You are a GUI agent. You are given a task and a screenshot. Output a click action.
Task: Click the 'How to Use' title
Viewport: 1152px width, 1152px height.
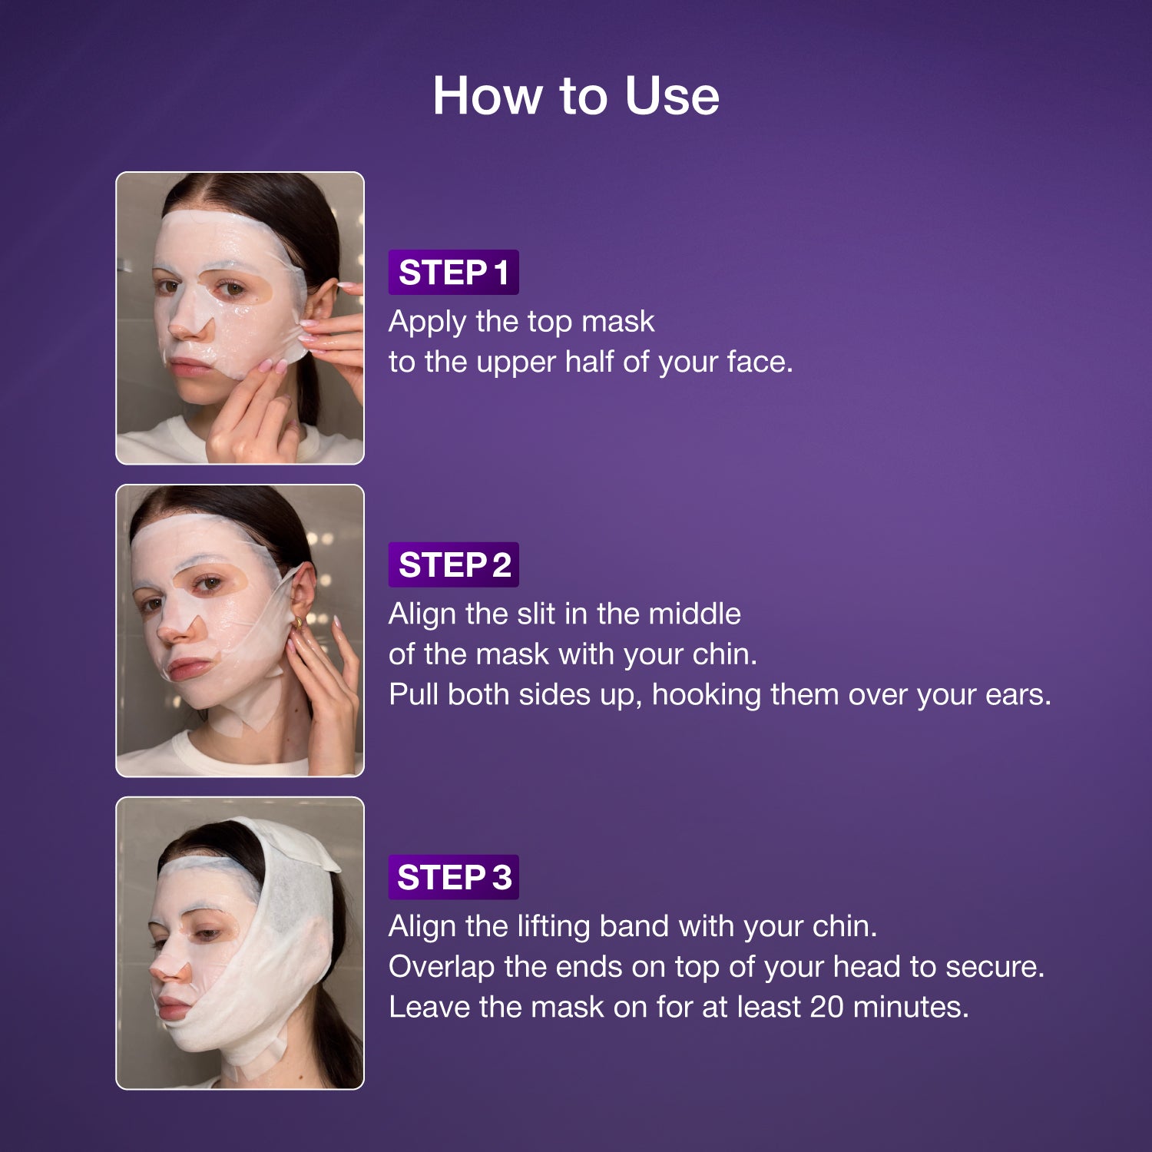pyautogui.click(x=576, y=96)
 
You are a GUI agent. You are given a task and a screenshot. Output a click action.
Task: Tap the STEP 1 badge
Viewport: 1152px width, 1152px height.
pyautogui.click(x=453, y=273)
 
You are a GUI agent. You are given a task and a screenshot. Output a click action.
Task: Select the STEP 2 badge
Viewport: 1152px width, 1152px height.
pyautogui.click(x=453, y=565)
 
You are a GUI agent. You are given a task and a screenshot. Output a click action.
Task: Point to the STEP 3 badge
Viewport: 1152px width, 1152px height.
pyautogui.click(x=453, y=877)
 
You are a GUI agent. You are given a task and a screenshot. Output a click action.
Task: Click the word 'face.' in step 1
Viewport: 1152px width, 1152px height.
pyautogui.click(x=760, y=362)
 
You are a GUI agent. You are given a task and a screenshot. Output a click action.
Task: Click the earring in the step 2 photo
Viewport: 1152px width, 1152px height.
pyautogui.click(x=299, y=622)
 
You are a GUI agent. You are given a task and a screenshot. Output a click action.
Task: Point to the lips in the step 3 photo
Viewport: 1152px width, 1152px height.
pyautogui.click(x=173, y=1007)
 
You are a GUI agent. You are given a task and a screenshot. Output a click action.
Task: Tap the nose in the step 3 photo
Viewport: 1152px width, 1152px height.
pyautogui.click(x=168, y=969)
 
